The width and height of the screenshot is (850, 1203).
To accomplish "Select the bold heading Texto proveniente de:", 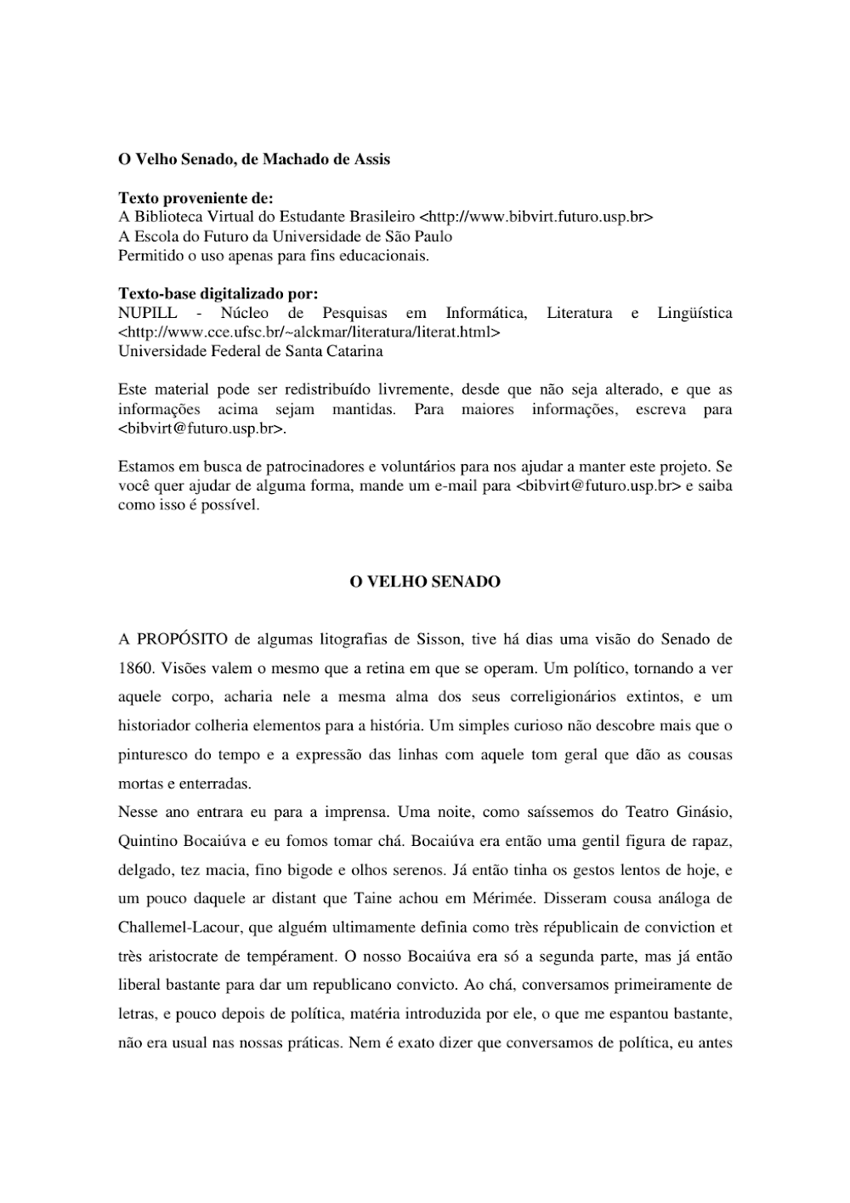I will [x=195, y=198].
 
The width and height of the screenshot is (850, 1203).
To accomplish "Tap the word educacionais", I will [x=388, y=256].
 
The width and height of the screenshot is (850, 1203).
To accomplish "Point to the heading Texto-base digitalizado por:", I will [x=218, y=294].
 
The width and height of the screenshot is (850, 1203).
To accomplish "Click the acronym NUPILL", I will [x=148, y=313].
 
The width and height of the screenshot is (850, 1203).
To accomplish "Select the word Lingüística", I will [x=694, y=313].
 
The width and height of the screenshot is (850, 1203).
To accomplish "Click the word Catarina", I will [x=351, y=351].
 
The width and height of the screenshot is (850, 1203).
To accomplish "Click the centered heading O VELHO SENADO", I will [x=425, y=582].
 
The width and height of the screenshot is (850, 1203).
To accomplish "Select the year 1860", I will [x=135, y=668].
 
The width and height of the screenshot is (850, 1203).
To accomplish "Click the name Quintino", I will [x=148, y=842].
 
